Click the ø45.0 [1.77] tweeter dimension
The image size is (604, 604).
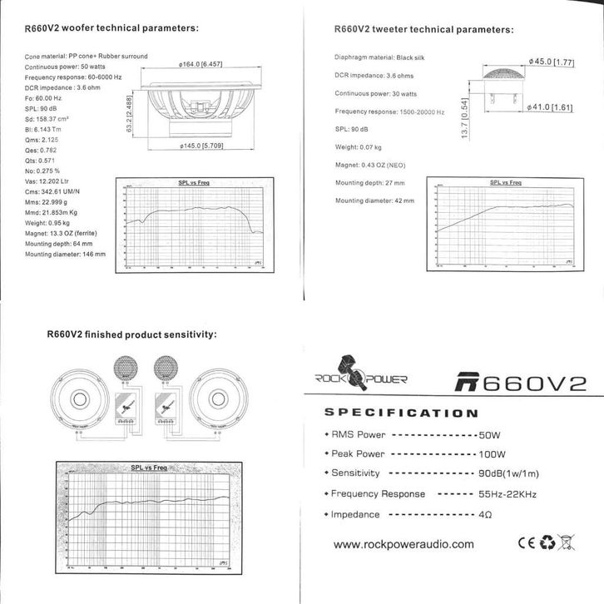tap(552, 62)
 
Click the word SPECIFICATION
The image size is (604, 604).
tap(400, 413)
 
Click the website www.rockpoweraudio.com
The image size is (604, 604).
tap(403, 545)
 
